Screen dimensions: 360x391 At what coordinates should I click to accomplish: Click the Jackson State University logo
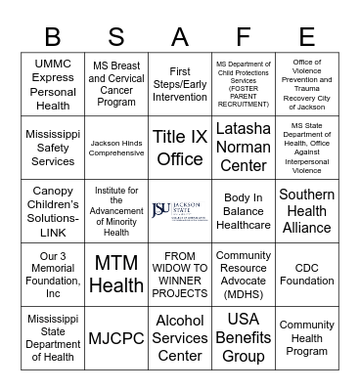180,210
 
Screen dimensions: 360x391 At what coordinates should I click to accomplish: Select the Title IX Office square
180,147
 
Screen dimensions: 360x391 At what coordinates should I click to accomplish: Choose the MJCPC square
116,338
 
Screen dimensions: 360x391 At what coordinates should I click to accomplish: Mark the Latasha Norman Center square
244,147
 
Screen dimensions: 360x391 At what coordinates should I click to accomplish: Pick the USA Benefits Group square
244,338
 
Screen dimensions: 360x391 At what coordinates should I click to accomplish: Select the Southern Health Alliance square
307,210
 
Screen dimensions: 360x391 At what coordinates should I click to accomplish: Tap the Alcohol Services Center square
180,338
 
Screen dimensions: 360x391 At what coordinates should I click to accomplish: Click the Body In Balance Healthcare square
244,210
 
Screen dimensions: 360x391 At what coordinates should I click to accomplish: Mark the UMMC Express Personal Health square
53,83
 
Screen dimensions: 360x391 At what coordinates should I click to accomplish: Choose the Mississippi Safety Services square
53,147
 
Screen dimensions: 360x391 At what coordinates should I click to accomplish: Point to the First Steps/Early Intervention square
180,83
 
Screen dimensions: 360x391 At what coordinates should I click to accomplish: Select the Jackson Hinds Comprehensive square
116,147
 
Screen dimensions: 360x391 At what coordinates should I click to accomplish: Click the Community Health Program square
307,338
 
